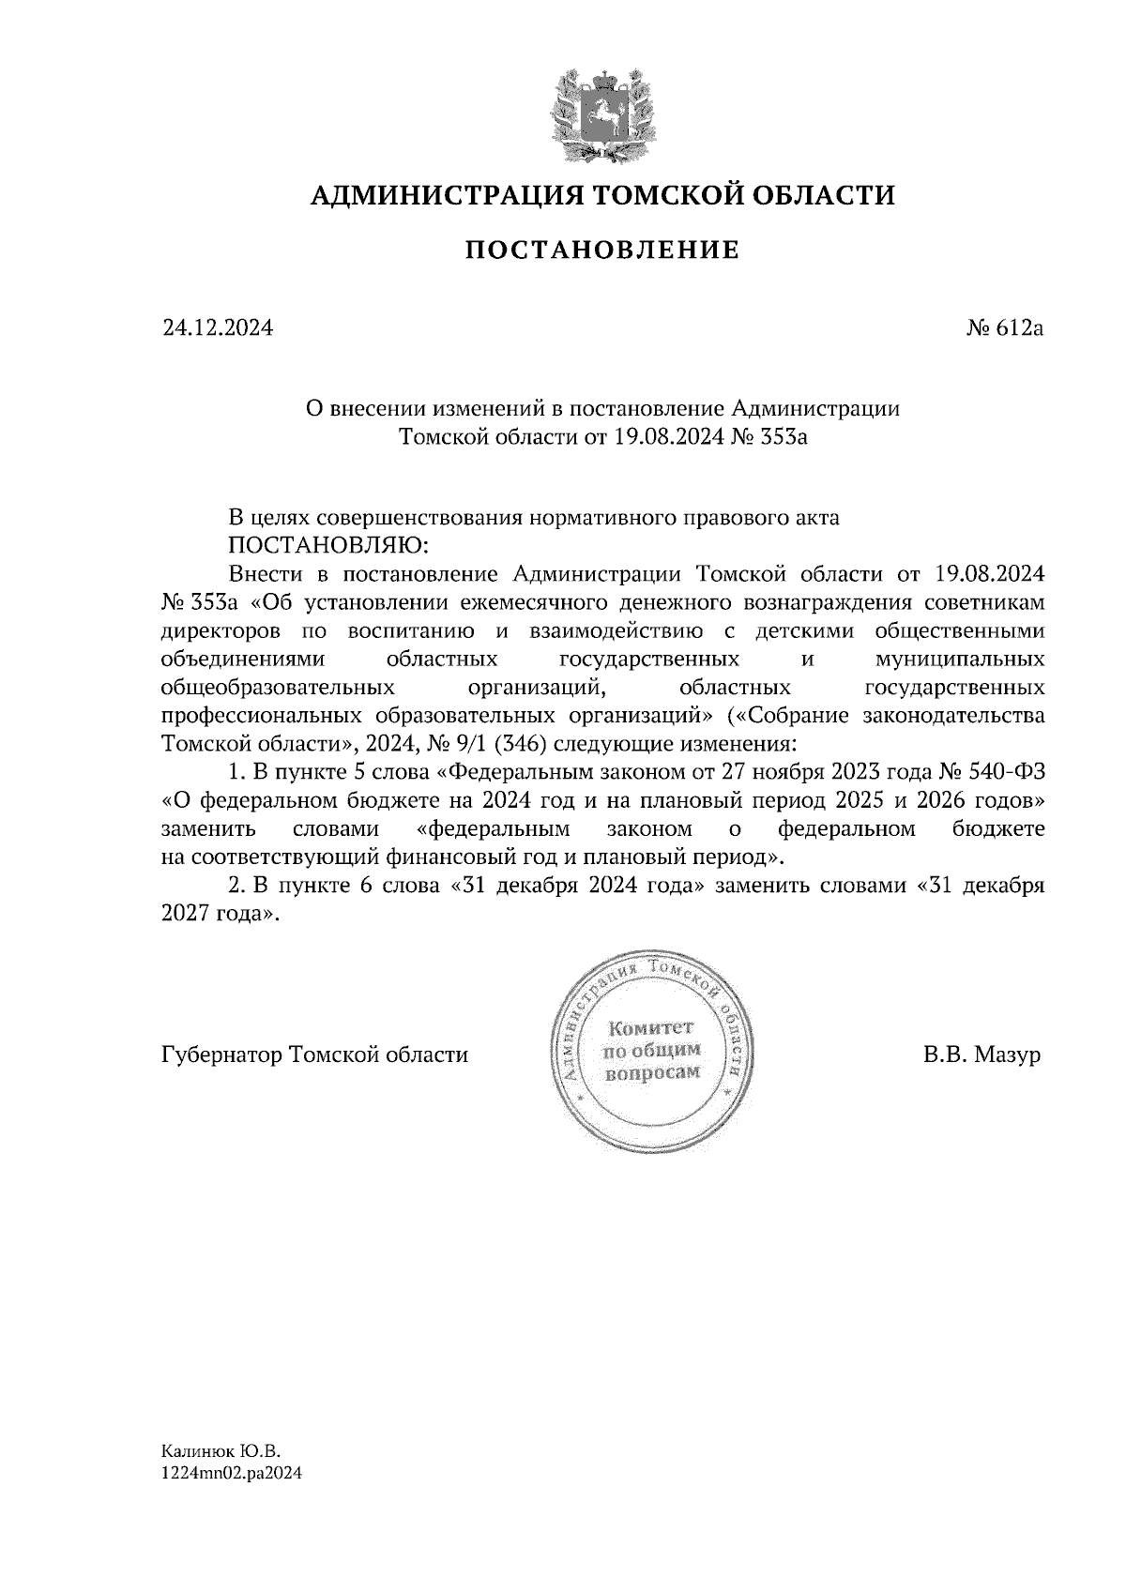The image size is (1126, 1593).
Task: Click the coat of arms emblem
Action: click(602, 115)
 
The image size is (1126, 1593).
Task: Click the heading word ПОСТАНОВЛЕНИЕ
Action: click(602, 250)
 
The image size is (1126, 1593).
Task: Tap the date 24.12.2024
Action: click(218, 328)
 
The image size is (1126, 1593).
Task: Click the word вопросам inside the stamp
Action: click(654, 1072)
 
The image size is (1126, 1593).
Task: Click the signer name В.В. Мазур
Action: click(981, 1054)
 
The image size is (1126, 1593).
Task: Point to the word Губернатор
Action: click(222, 1054)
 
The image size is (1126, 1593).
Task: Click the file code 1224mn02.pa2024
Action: click(232, 1474)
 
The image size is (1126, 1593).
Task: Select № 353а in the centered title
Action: click(767, 437)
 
